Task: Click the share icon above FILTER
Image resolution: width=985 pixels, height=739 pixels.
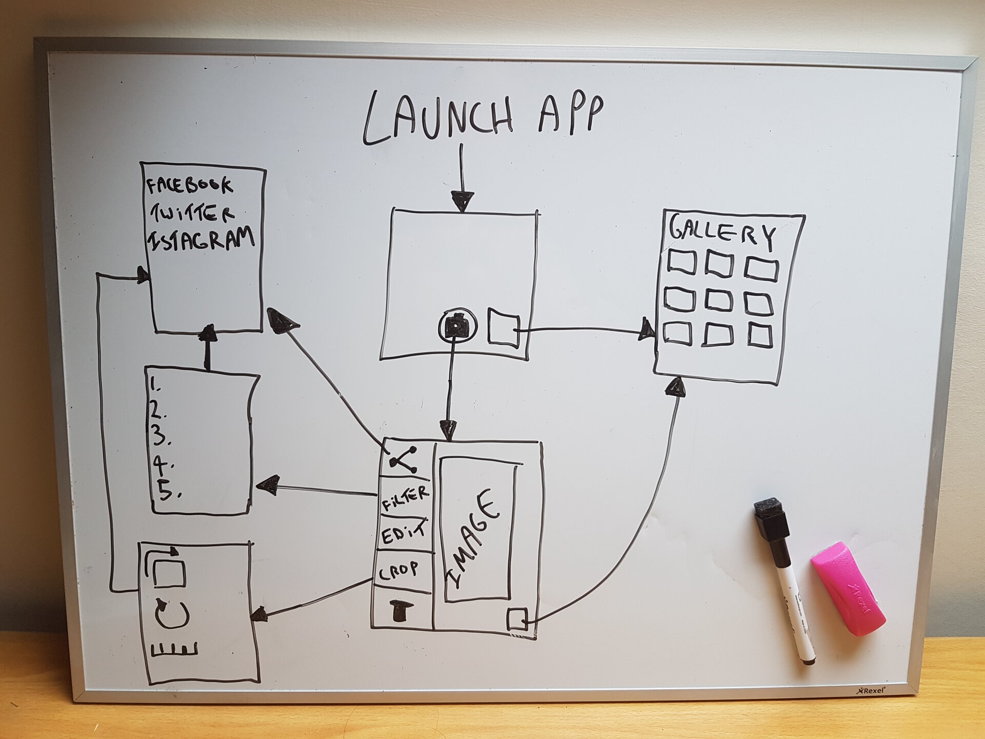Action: coord(404,458)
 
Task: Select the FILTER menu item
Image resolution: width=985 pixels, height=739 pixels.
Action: coord(405,497)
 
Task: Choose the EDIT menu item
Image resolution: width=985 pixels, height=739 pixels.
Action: coord(404,533)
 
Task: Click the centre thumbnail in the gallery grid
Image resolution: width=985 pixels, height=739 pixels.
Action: coord(718,301)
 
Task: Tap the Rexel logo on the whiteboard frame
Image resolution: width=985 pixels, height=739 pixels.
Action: coord(872,690)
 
